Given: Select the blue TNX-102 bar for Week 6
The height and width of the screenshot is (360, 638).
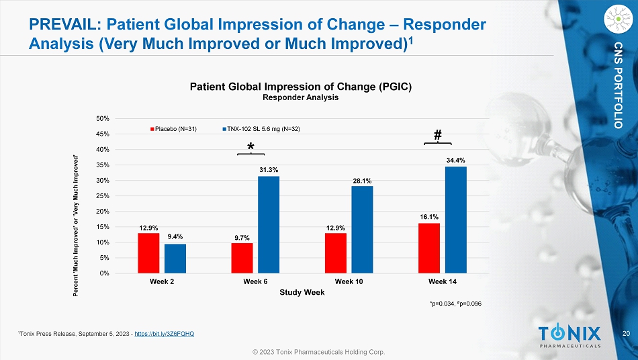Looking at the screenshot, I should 269,224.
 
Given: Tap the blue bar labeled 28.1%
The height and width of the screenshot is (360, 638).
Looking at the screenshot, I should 362,229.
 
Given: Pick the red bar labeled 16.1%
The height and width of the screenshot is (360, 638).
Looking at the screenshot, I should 429,248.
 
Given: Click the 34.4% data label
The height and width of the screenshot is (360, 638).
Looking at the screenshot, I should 455,160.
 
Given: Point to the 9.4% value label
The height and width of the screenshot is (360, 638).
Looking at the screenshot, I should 175,236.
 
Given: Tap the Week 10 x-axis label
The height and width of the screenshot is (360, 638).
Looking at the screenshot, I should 349,281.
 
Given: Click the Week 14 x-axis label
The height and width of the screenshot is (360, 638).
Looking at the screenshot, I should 442,281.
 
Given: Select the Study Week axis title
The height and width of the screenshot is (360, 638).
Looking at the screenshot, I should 302,293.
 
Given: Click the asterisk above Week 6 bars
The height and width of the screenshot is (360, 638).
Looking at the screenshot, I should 250,147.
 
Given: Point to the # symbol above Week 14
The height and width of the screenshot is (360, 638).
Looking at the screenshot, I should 438,135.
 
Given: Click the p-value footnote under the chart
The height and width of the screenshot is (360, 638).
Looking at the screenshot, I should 455,304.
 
